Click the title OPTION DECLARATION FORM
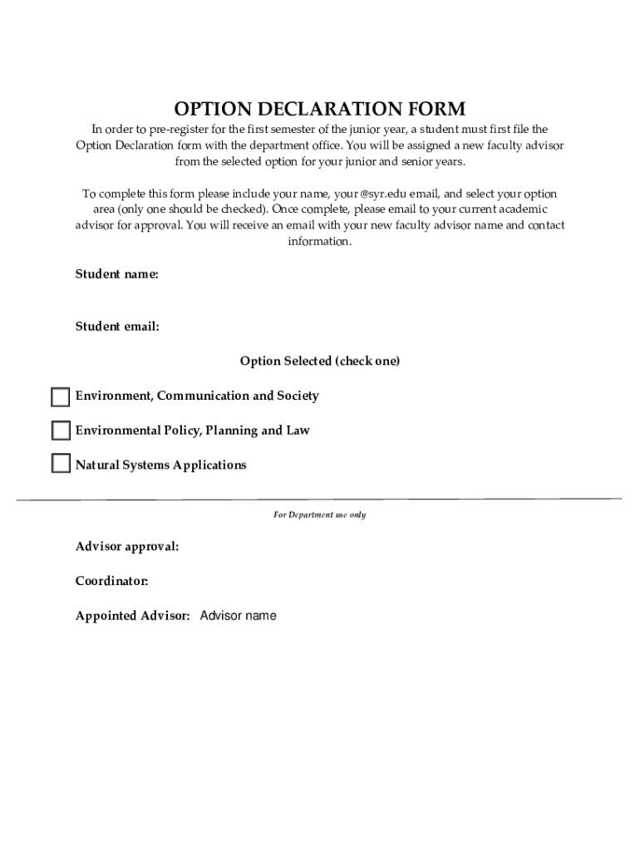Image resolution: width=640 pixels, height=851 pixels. (x=320, y=109)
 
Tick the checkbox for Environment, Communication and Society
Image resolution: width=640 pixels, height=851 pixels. (x=61, y=396)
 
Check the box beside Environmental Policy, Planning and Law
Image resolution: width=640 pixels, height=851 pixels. (x=61, y=430)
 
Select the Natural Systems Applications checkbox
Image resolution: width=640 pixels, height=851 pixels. (x=61, y=464)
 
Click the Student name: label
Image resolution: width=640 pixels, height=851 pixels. (x=117, y=274)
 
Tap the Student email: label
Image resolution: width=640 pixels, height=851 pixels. (x=117, y=327)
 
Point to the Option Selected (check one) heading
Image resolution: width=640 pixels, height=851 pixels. (x=320, y=362)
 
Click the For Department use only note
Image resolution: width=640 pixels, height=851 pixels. (x=320, y=515)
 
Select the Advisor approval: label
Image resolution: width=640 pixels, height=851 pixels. (x=127, y=547)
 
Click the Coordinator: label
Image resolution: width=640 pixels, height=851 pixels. (x=112, y=581)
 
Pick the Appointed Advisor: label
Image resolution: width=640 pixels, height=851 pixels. (x=133, y=616)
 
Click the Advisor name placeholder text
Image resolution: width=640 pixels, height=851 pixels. (x=239, y=616)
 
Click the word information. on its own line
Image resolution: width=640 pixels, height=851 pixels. (x=320, y=241)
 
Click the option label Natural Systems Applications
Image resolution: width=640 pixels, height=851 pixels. (x=161, y=465)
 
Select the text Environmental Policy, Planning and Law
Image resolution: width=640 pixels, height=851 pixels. (x=193, y=430)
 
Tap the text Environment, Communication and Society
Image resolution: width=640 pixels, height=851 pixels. (x=197, y=396)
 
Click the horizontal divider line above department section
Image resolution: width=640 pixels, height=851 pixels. (x=320, y=499)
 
